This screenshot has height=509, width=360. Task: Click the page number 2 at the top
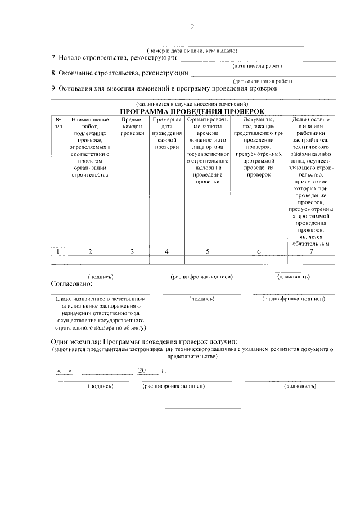click(x=192, y=27)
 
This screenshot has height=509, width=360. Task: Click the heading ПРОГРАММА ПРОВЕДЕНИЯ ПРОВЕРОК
click(x=192, y=111)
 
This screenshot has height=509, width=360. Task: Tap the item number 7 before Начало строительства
click(x=53, y=58)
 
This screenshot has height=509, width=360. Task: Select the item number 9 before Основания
click(x=53, y=88)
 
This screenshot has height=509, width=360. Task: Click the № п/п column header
click(x=58, y=123)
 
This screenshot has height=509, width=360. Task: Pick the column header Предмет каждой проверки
click(x=132, y=127)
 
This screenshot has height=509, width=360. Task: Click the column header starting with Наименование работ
click(x=89, y=147)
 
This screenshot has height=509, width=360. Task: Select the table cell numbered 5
click(x=207, y=251)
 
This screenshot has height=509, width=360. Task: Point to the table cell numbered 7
click(x=310, y=251)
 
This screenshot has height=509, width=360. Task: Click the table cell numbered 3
click(x=132, y=251)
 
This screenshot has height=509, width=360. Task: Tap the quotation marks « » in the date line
click(x=65, y=372)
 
